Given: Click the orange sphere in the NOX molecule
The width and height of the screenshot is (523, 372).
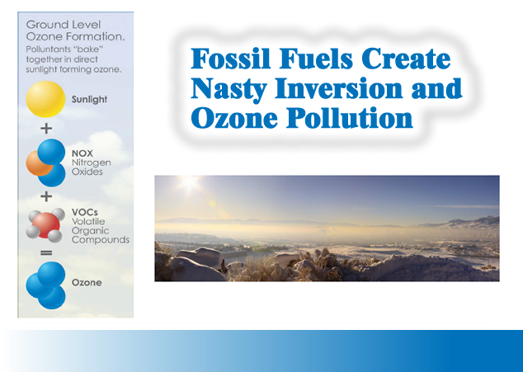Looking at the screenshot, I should point(36,162).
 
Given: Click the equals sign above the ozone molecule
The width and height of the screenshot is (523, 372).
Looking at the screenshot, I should point(47,252).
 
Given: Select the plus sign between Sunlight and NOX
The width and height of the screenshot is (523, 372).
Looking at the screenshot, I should point(47,129).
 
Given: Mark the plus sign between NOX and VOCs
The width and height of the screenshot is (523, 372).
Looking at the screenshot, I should point(47,196).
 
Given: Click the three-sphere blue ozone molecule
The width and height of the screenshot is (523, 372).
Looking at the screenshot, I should point(45,285).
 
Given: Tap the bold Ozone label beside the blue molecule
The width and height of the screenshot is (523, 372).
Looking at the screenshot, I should point(87,283).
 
